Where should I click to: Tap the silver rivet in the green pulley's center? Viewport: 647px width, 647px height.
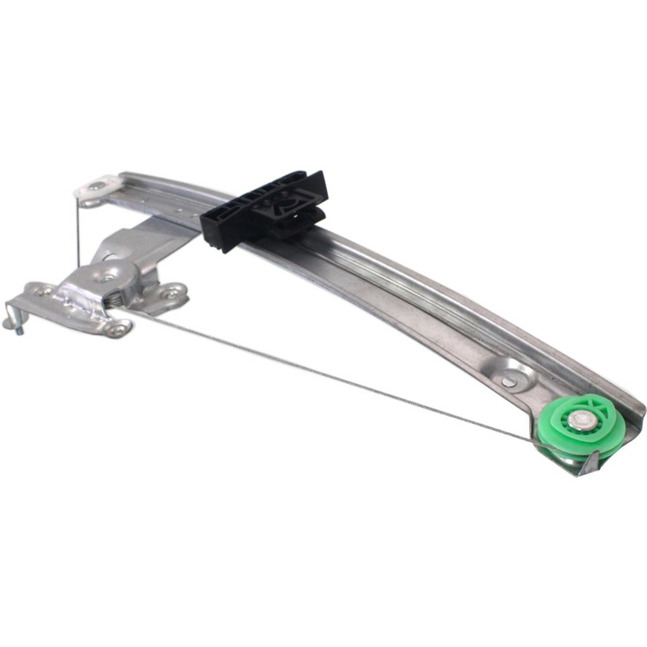582,421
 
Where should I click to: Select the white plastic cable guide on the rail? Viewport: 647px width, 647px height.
97,187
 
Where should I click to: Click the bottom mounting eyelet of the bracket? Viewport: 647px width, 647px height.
117,330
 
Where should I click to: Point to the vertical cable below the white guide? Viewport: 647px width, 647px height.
78,233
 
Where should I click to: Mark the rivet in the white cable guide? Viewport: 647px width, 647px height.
96,186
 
